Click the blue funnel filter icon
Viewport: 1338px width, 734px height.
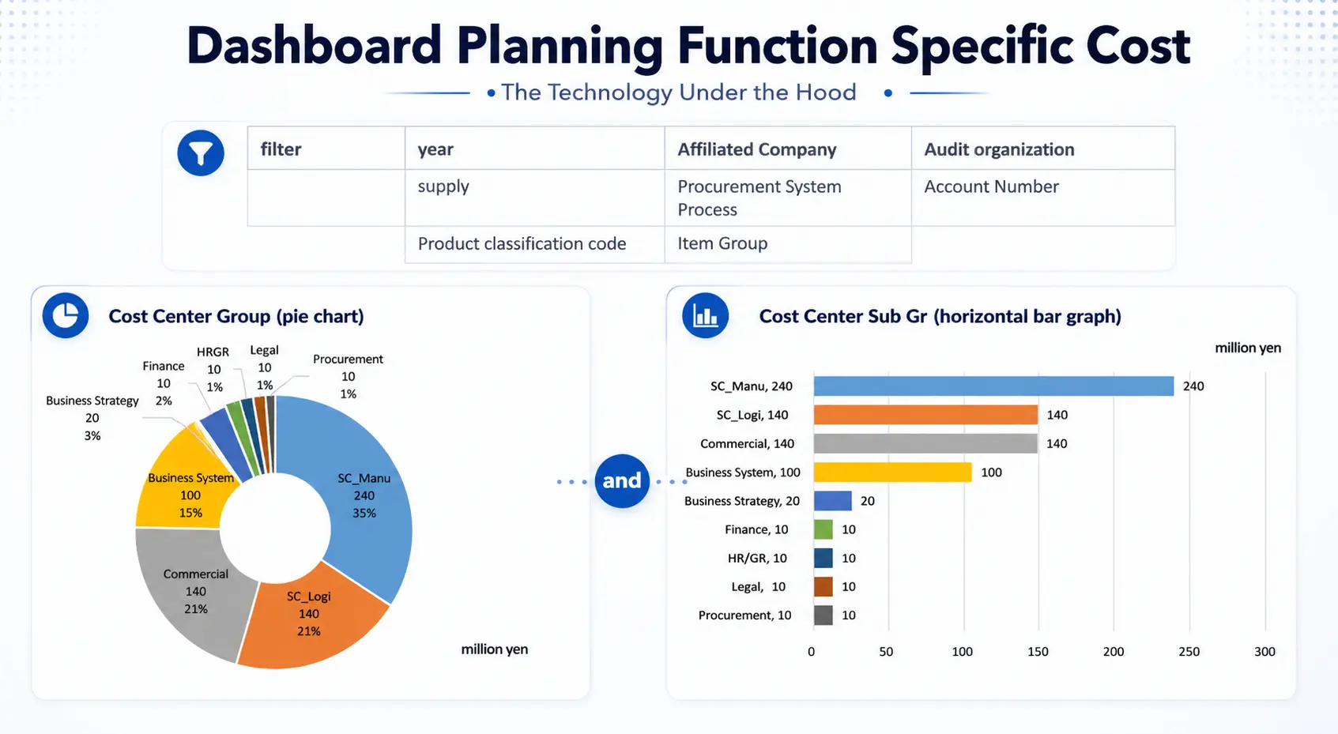point(201,152)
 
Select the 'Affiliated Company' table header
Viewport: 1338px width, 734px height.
point(756,149)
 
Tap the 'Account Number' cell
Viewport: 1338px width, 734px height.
point(991,186)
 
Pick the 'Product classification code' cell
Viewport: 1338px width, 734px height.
point(522,243)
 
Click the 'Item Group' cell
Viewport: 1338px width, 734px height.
point(722,243)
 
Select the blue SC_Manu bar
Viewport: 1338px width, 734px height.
point(993,386)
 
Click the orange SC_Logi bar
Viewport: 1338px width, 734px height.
point(925,415)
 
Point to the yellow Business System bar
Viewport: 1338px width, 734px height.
point(891,472)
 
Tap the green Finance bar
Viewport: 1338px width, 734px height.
point(823,529)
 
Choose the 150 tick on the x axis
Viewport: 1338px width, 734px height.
point(1038,652)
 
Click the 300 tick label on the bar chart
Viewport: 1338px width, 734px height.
point(1265,652)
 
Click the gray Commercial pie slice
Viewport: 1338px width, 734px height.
point(194,593)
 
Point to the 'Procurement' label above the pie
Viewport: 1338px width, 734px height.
point(348,359)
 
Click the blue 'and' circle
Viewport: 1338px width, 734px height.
point(622,480)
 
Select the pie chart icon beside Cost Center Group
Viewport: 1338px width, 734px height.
point(66,315)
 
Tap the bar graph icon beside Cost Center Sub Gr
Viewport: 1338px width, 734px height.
point(705,315)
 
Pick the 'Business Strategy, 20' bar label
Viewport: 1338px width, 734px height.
point(741,501)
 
